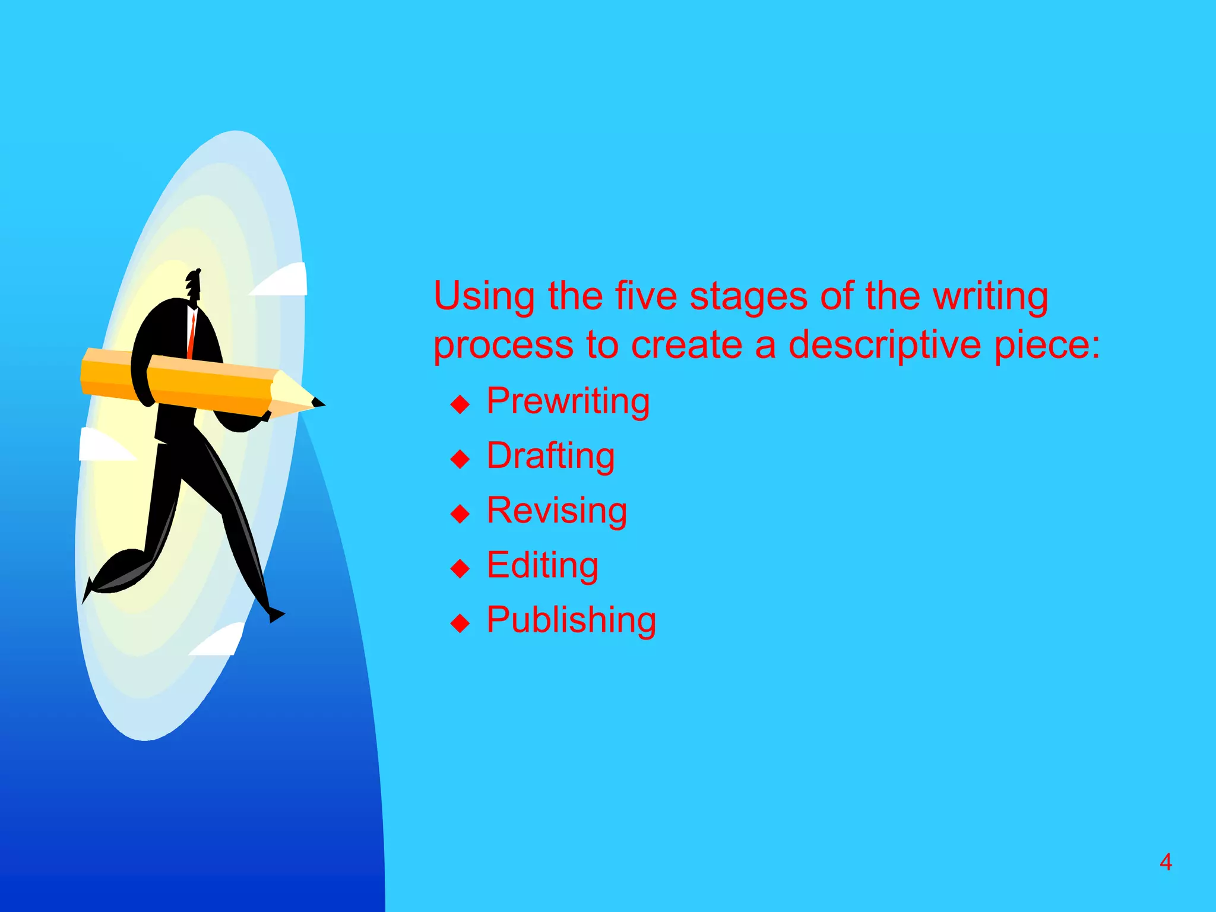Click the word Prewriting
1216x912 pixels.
[x=568, y=401]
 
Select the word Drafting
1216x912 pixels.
[x=550, y=456]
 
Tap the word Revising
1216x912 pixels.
[x=556, y=511]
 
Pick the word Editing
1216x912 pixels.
[x=542, y=565]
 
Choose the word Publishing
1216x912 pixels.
[x=571, y=620]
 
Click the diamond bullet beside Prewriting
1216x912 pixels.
[x=460, y=405]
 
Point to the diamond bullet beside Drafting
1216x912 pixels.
[x=460, y=459]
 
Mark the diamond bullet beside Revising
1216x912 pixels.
[x=460, y=514]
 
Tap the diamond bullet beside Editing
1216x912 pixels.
[x=460, y=568]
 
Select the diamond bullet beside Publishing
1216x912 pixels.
[x=460, y=623]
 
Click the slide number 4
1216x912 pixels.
[x=1166, y=862]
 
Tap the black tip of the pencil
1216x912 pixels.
[x=318, y=403]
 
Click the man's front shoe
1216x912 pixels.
[x=275, y=615]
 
